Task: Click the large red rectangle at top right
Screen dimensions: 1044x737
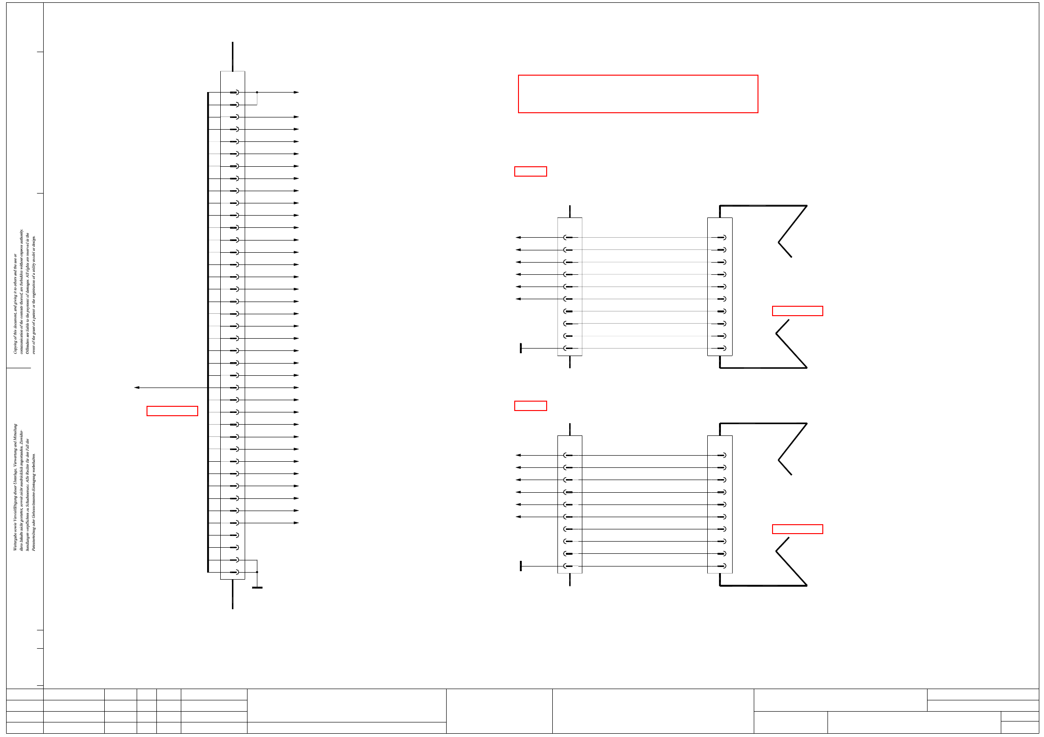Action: point(638,94)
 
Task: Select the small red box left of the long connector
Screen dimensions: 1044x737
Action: point(172,411)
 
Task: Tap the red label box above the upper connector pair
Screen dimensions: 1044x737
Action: point(530,171)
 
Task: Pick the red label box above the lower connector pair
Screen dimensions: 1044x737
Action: point(530,406)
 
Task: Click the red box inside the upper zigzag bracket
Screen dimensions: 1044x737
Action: point(797,311)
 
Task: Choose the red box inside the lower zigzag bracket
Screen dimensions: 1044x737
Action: point(797,529)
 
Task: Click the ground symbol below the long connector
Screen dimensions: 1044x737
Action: point(257,587)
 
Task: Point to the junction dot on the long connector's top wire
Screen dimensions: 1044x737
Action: point(257,93)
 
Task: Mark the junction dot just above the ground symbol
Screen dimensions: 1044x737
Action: point(257,572)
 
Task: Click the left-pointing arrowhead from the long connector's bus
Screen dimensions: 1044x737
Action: point(137,388)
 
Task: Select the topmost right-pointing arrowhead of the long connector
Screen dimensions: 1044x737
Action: point(296,93)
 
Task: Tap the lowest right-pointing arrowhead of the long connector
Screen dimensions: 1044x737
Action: point(296,523)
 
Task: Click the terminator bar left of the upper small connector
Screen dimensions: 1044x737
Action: point(521,348)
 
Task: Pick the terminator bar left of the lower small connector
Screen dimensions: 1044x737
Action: point(521,566)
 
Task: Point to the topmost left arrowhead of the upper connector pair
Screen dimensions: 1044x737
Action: point(518,238)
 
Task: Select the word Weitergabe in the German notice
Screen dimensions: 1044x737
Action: point(15,540)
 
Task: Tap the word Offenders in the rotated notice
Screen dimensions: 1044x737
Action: point(27,345)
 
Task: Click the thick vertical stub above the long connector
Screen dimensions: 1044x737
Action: point(232,56)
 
